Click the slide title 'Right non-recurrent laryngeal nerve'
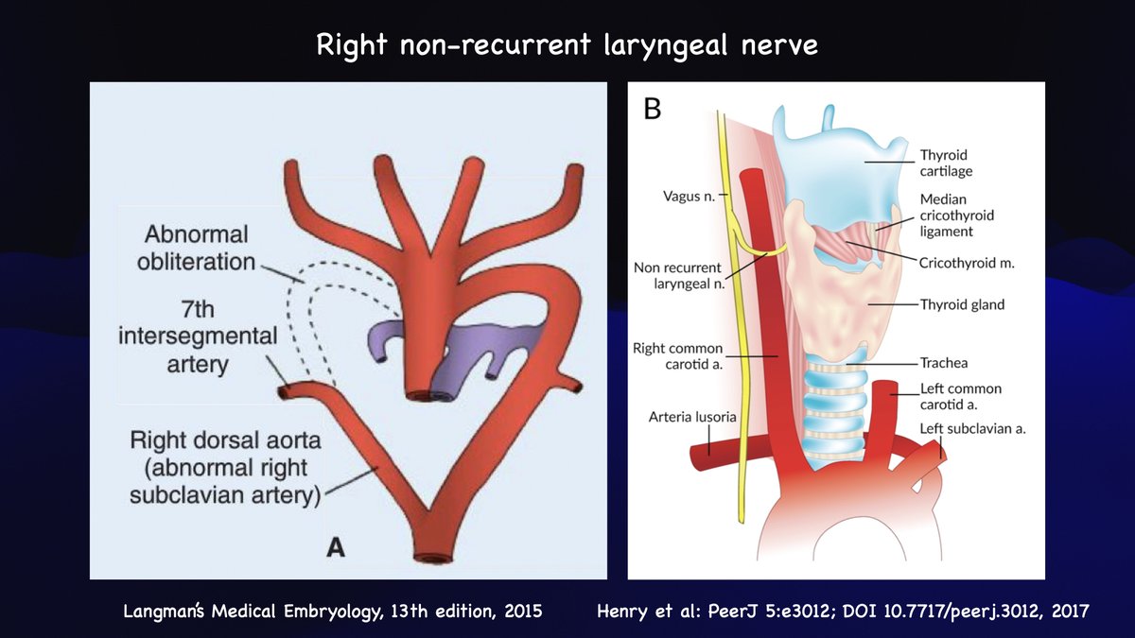567,44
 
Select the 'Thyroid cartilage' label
945,163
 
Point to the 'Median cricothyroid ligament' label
957,216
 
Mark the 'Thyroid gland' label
962,304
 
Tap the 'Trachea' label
943,362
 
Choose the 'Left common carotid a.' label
961,396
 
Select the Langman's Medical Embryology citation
333,611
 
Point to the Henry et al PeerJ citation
843,611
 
